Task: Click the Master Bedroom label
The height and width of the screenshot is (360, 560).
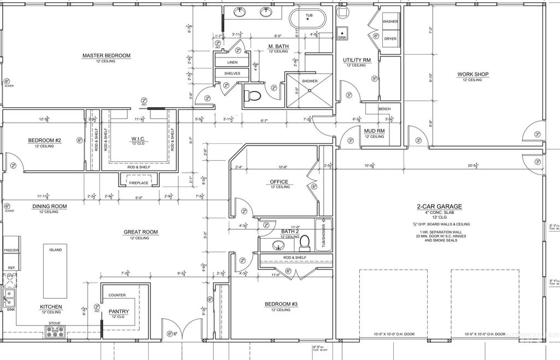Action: click(106, 55)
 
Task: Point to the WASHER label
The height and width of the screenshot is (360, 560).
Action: click(390, 21)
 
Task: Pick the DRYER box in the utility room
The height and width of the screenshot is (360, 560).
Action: click(390, 39)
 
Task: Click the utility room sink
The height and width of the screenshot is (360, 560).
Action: click(342, 32)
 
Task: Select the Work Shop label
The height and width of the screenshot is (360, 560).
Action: click(473, 74)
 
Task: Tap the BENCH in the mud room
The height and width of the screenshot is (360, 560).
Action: click(384, 109)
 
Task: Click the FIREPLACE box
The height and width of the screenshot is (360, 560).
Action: click(138, 182)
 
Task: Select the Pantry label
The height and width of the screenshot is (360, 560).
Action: click(118, 311)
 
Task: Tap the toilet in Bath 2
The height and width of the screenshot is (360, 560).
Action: click(305, 241)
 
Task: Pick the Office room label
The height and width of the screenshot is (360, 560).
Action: click(279, 182)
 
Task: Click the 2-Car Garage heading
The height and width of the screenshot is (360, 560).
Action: click(439, 207)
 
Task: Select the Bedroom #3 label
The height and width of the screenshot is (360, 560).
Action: click(282, 304)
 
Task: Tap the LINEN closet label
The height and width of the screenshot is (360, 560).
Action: click(232, 62)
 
